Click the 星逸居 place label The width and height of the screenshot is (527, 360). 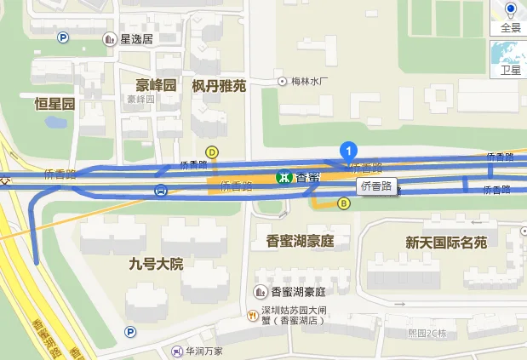coord(136,38)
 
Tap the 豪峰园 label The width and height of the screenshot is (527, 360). coord(156,85)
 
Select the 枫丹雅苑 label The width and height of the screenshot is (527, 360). coord(219,85)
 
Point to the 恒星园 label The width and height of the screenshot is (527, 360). coord(54,104)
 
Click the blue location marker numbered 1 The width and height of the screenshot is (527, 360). coord(347,151)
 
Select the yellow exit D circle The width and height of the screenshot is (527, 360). coord(213,152)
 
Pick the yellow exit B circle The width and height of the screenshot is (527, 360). coord(344,203)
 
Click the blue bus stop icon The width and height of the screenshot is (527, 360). coord(161,191)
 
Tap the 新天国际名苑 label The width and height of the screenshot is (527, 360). coord(445,243)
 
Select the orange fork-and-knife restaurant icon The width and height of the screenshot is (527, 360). coord(252,316)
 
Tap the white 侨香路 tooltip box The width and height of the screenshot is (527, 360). coord(377,185)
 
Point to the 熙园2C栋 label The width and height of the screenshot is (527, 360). coord(427,332)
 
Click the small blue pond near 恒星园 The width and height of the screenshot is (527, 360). coord(56,122)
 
